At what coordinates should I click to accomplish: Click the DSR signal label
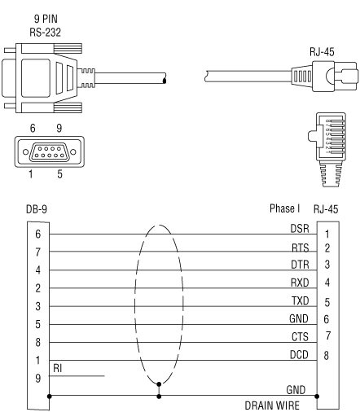pos(300,229)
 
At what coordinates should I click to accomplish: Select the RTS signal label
pos(301,248)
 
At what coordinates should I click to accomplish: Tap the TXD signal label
pos(301,300)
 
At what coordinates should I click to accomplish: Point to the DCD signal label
pos(299,354)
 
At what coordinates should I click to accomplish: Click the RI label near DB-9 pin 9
pos(58,368)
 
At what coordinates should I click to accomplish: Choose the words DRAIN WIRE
pos(272,405)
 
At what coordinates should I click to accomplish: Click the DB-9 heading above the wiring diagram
pos(37,209)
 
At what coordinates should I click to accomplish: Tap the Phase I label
pos(284,208)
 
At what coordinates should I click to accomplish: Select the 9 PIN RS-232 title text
pos(46,25)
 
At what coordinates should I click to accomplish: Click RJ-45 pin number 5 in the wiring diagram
pos(327,302)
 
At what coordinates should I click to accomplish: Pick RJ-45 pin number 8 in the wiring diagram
pos(327,355)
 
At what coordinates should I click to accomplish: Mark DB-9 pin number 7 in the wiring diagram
pos(38,252)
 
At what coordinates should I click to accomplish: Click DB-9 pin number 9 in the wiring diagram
pos(38,378)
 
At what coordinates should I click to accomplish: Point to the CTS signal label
pos(300,336)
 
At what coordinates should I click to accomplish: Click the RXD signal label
pos(300,283)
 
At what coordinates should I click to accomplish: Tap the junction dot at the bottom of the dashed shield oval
pos(159,384)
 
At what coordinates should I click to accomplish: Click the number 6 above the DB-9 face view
pos(33,128)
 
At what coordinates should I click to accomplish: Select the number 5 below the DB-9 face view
pos(59,174)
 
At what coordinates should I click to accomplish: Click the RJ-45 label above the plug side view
pos(322,52)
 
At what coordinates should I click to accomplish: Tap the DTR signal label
pos(300,265)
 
